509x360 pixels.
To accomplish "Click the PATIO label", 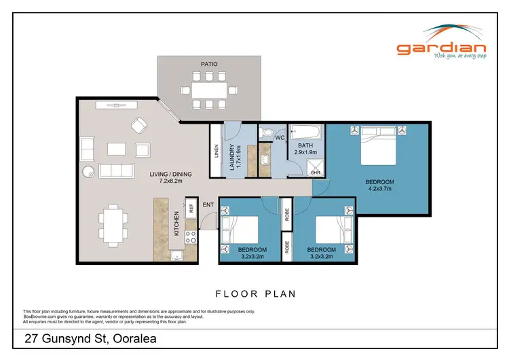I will pos(208,65).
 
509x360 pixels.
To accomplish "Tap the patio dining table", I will pos(208,90).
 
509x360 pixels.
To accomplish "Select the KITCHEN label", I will pos(176,223).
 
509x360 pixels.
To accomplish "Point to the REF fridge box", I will pos(191,209).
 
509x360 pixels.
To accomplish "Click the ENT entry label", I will pos(208,204).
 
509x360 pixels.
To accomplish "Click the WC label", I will pos(279,139).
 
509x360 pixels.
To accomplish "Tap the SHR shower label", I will pos(315,172).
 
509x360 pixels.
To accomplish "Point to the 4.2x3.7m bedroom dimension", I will pos(379,190).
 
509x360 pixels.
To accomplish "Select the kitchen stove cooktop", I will pos(191,237).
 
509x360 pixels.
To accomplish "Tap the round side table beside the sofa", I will pos(88,171).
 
